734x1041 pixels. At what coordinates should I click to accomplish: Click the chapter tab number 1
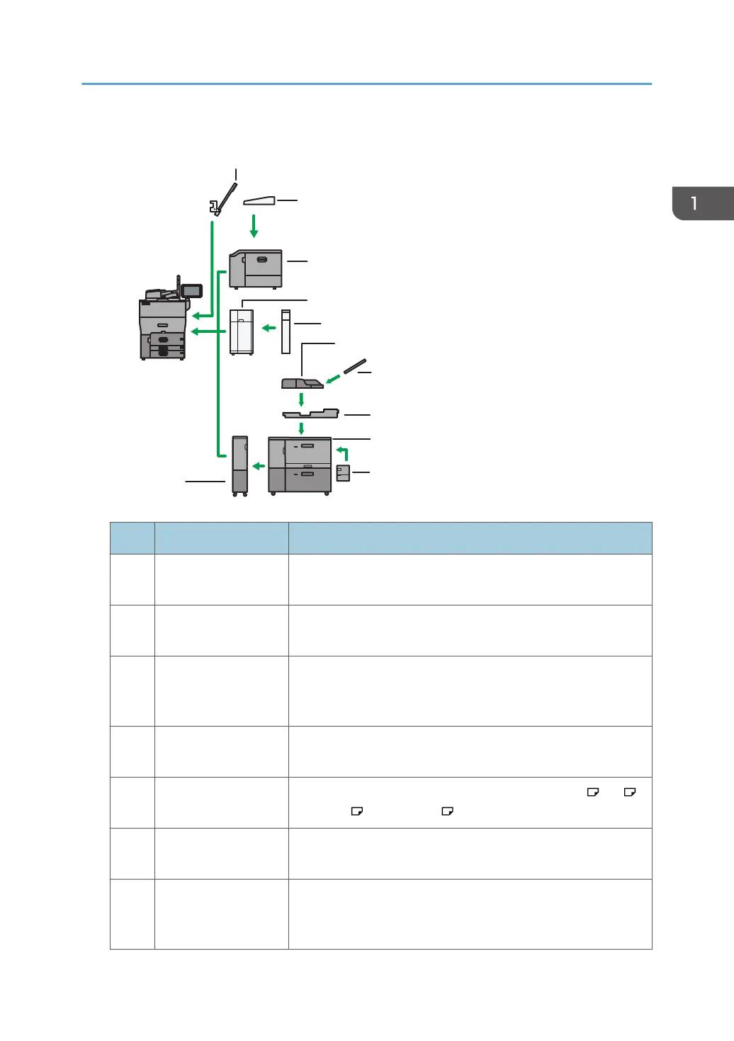coord(694,203)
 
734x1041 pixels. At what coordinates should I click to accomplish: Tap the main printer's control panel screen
coord(192,291)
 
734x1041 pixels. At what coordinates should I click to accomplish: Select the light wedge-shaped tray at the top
coord(259,201)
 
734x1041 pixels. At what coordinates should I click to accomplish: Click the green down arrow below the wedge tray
coord(254,226)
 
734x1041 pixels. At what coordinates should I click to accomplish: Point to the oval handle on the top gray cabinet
coord(262,259)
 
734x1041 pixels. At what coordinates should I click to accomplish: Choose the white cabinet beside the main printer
coord(242,332)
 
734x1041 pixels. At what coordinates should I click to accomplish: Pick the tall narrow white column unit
coord(286,332)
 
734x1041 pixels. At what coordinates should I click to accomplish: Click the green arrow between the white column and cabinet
coord(269,328)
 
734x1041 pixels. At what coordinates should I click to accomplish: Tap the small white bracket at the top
coord(214,207)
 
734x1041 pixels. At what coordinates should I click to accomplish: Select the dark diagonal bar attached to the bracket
coord(227,198)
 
